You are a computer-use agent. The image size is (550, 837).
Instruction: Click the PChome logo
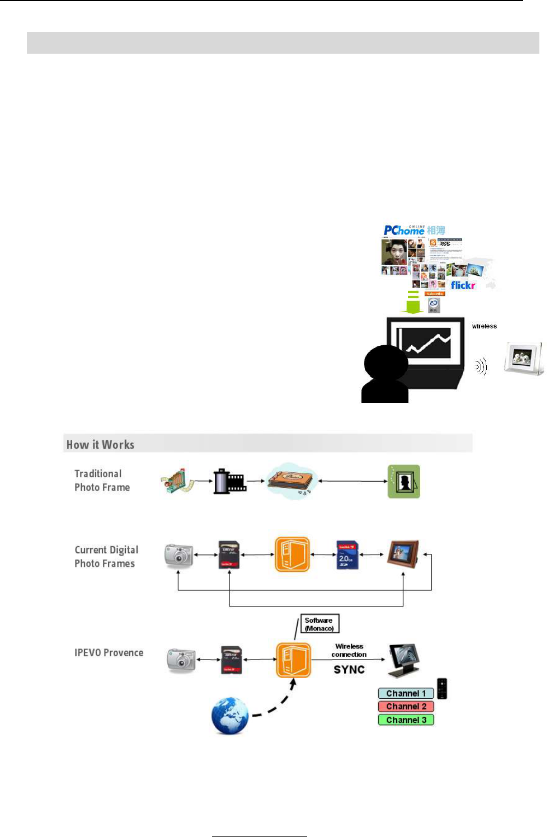(x=404, y=231)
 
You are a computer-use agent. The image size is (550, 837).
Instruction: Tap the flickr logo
(x=463, y=285)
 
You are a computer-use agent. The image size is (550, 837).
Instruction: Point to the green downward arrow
(x=413, y=303)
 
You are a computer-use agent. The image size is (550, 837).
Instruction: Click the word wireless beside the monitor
(x=484, y=326)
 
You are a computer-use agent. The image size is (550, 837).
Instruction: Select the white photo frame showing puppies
(x=523, y=358)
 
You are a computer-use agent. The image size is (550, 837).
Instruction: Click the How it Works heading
(x=101, y=445)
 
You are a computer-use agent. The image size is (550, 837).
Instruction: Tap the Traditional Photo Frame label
(x=102, y=481)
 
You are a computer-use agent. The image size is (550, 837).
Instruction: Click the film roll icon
(x=229, y=481)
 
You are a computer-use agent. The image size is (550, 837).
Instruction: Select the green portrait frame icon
(x=404, y=481)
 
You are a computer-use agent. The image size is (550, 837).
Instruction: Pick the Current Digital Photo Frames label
(x=106, y=557)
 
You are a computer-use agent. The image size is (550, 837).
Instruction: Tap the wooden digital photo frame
(x=403, y=554)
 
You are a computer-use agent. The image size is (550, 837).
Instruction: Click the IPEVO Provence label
(x=109, y=653)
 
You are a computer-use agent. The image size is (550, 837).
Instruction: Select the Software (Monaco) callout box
(x=319, y=624)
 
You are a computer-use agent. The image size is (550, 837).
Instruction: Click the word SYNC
(x=349, y=670)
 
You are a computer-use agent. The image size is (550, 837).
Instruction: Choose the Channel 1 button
(x=406, y=694)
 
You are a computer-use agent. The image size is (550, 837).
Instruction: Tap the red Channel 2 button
(x=406, y=707)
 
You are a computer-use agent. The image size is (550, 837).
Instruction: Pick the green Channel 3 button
(x=406, y=720)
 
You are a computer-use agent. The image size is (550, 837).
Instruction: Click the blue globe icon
(x=230, y=716)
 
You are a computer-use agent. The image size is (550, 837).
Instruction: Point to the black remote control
(x=442, y=689)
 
